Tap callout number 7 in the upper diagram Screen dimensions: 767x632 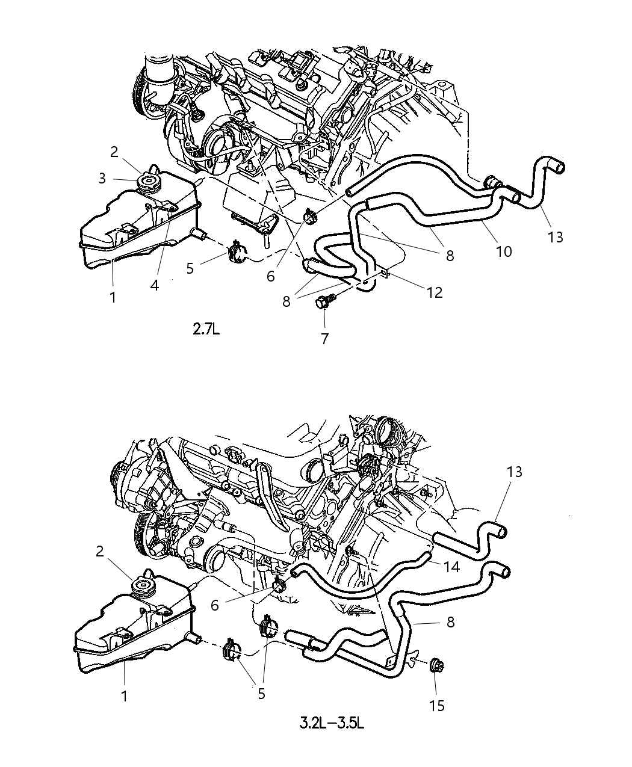(x=324, y=339)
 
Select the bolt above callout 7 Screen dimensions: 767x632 (x=323, y=302)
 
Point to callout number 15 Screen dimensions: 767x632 (x=437, y=705)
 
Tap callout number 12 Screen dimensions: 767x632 (x=434, y=292)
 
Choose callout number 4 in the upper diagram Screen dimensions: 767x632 (x=155, y=286)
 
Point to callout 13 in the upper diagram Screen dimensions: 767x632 (x=556, y=236)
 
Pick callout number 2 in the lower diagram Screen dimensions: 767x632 (x=100, y=551)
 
